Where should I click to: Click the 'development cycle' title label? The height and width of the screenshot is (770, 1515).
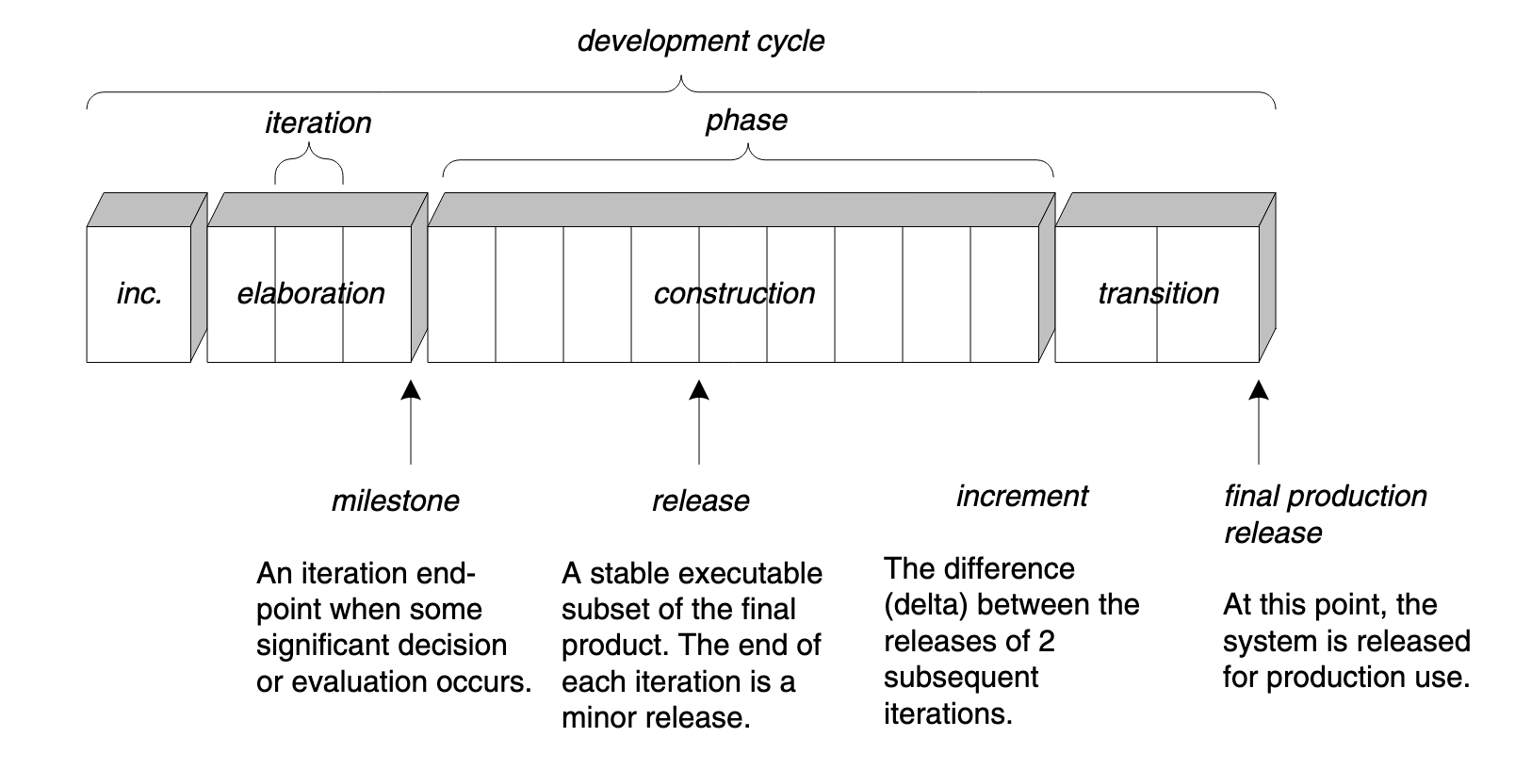(x=700, y=41)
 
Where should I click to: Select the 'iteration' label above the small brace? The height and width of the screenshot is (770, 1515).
(x=318, y=123)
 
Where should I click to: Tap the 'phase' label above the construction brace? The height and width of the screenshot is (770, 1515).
(x=746, y=121)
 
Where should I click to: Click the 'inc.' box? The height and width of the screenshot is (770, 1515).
(x=139, y=293)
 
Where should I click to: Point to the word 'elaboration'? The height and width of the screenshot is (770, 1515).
(x=311, y=293)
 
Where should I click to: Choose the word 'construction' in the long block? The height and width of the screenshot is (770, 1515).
(x=734, y=293)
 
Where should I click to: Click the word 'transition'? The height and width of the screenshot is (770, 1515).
(x=1158, y=293)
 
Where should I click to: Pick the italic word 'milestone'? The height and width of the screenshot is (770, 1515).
(x=395, y=500)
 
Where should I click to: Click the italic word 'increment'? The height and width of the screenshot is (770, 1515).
(x=1021, y=496)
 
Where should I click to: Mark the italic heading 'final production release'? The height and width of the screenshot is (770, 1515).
(x=1324, y=514)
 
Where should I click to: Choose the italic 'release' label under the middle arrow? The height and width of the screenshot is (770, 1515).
(x=700, y=500)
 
